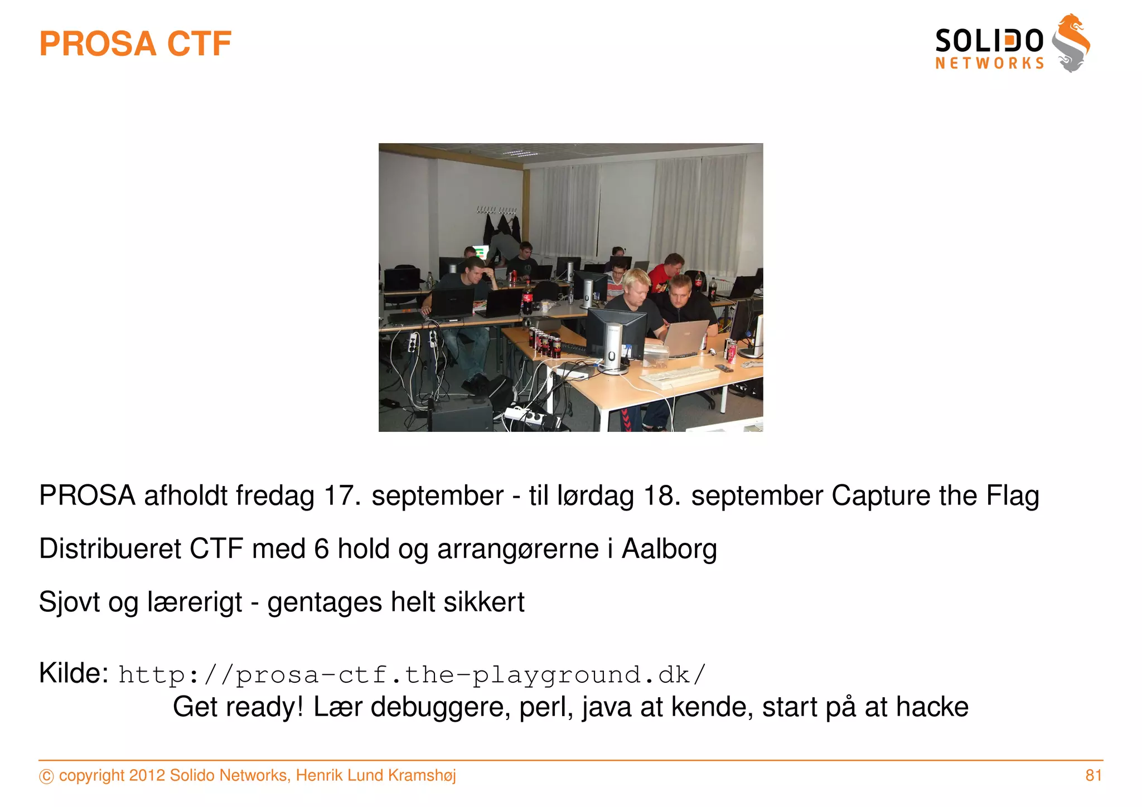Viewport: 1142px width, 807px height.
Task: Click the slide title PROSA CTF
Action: [135, 44]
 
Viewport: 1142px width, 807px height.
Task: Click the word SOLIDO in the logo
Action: [989, 41]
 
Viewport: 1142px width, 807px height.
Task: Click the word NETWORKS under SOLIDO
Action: [989, 64]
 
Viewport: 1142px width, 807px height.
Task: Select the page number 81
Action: [1093, 775]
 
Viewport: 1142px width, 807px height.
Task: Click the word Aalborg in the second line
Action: [669, 549]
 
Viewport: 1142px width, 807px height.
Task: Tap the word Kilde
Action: [74, 673]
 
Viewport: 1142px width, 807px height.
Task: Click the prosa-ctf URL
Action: [412, 675]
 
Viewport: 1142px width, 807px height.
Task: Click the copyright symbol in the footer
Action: [46, 776]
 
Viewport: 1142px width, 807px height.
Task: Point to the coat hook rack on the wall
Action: [496, 211]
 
